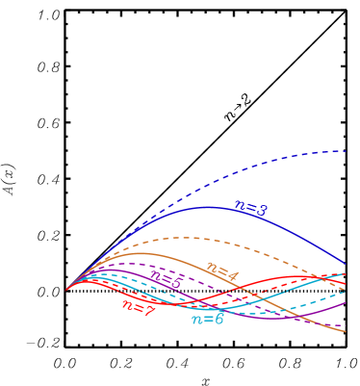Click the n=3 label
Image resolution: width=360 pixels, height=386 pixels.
(250, 207)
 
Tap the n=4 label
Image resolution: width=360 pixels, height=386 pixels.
(221, 274)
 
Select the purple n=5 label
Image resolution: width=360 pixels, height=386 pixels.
(166, 281)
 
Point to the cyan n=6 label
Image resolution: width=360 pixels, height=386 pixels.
(207, 319)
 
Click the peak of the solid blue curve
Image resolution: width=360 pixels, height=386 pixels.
(207, 206)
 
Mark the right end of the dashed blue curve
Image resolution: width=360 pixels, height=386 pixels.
(346, 150)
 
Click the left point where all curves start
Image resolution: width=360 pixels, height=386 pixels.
(65, 289)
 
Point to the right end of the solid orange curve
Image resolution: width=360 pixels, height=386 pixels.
(346, 332)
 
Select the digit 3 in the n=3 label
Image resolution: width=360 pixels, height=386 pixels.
(263, 209)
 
